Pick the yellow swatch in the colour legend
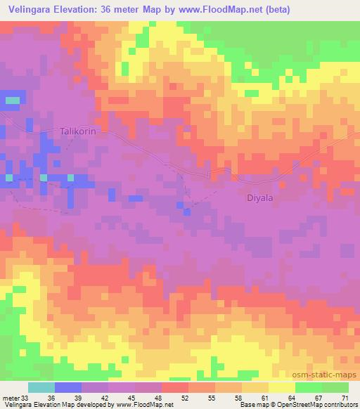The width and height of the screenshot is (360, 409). [x=281, y=387]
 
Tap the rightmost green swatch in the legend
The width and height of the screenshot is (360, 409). [x=335, y=387]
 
